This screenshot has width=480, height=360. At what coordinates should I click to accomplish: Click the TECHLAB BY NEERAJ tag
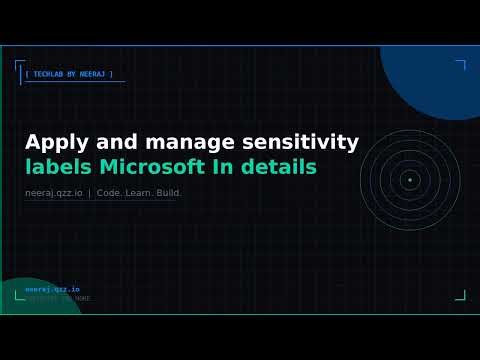[69, 74]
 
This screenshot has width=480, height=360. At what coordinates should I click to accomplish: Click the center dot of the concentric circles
[409, 180]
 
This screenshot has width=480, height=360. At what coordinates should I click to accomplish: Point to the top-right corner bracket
[461, 66]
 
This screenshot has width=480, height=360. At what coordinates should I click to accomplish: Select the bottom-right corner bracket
[461, 295]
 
